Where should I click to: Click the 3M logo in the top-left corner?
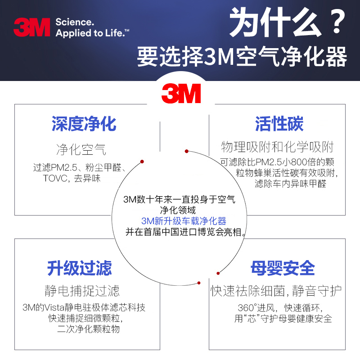[31, 27]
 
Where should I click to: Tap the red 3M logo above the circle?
[181, 93]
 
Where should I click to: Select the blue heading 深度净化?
[84, 124]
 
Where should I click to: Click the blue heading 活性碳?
[279, 124]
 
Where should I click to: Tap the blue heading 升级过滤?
[80, 268]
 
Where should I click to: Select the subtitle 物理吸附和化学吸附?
[277, 147]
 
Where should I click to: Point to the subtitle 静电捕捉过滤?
[82, 291]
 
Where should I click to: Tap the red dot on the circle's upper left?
[142, 161]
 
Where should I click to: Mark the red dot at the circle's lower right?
[218, 273]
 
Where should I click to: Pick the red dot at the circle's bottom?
[198, 283]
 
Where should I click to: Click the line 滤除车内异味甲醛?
[290, 184]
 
